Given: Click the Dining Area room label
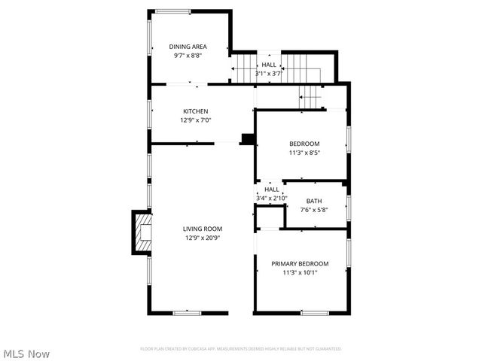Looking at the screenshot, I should point(188,47).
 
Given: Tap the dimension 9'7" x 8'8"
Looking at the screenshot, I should point(188,55).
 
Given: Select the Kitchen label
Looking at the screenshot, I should point(194,111).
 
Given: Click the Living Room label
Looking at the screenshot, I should point(203,229).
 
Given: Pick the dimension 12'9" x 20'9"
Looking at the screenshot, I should point(203,238).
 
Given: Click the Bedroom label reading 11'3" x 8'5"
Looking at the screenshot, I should point(304,144).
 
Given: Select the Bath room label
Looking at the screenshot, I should point(314,201).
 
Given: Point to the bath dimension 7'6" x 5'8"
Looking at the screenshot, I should point(314,210).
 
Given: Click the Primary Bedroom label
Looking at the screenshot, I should point(300,264).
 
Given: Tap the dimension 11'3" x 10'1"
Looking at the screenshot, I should point(300,273).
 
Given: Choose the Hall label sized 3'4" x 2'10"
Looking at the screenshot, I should point(271,190).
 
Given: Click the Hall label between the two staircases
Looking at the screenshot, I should point(268,65).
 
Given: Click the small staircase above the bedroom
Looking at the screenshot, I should point(310,96).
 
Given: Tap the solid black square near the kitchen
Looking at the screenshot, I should point(246,139).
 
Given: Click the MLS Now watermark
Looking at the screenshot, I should point(27,353).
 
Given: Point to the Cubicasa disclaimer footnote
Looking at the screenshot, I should point(241,349).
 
